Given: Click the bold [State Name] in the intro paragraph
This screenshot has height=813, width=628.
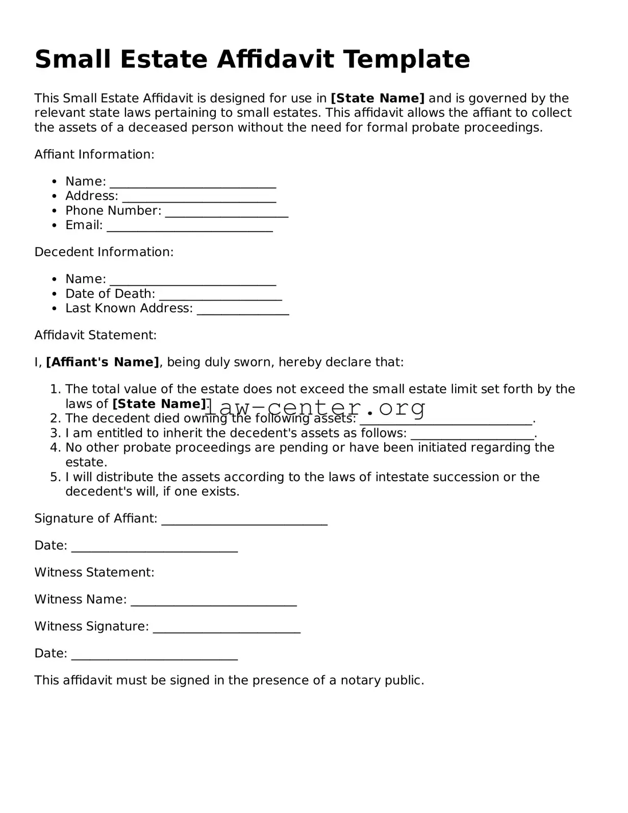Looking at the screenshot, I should pos(378,98).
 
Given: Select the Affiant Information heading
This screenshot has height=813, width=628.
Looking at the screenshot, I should pos(94,154).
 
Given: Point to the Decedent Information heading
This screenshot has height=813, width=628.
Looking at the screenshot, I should pos(104,252).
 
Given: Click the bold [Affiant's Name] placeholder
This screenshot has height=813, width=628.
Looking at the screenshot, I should pos(103,362).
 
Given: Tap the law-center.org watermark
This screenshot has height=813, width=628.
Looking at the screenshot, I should pos(315,408).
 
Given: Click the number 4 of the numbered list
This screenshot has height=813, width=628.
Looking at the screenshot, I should pos(55,448).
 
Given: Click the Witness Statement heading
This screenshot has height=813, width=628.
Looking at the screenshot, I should pos(94,572).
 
